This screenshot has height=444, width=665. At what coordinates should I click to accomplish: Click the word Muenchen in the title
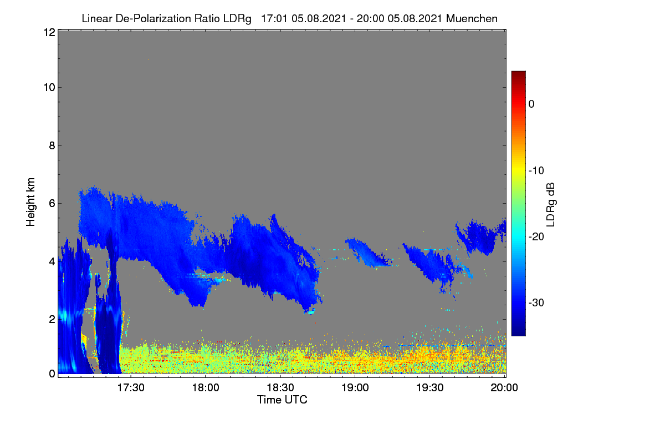472,19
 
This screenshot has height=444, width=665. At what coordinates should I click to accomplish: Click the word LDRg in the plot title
237,19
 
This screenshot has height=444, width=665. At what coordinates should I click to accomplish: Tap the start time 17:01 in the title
274,19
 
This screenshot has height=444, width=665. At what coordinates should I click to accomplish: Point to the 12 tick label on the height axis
49,32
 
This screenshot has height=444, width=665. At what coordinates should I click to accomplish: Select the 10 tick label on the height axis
49,88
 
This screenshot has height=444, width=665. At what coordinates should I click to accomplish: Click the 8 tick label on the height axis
52,145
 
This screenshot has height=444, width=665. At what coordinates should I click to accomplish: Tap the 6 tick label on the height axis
52,204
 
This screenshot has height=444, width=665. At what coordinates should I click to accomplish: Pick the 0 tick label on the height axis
52,374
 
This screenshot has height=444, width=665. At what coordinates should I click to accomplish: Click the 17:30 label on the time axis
131,387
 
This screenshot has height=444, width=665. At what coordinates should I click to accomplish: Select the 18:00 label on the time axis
206,387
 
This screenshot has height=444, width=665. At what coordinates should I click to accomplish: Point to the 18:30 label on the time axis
280,387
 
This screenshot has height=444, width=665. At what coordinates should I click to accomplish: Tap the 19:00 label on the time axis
355,387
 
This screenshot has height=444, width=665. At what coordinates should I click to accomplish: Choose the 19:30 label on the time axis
430,387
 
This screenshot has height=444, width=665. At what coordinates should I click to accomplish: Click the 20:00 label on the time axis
504,387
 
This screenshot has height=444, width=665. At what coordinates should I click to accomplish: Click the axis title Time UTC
282,400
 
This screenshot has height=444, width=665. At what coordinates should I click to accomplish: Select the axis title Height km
30,202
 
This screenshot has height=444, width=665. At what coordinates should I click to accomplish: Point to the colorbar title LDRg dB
550,205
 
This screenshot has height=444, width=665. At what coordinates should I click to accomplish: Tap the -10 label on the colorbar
536,171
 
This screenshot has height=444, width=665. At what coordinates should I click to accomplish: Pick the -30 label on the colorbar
536,302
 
